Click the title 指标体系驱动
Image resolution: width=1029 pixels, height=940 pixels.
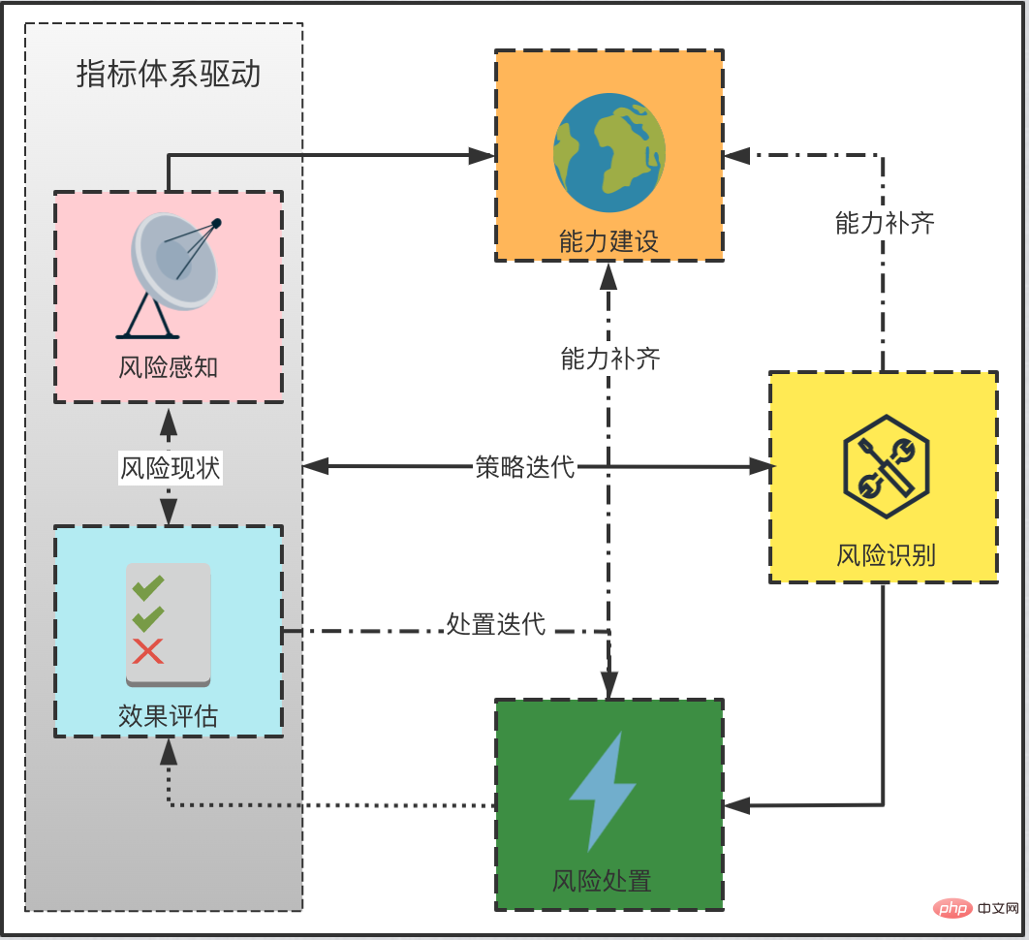[x=169, y=75]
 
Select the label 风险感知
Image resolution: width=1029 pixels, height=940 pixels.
[x=169, y=368]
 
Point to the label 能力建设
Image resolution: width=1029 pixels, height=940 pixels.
[x=608, y=241]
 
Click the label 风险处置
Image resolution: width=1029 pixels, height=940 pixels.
[x=602, y=881]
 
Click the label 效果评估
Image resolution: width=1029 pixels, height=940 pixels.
[x=169, y=715]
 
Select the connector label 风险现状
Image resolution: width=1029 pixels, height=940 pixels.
[x=171, y=469]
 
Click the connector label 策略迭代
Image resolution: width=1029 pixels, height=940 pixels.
[x=525, y=467]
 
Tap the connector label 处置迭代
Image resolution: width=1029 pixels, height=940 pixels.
[x=496, y=623]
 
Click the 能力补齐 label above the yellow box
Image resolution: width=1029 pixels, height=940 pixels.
[x=885, y=223]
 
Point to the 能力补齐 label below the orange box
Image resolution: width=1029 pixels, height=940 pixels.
[x=610, y=359]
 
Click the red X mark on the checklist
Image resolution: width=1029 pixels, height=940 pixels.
[x=147, y=651]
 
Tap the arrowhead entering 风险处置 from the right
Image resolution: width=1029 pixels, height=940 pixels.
[x=737, y=804]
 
